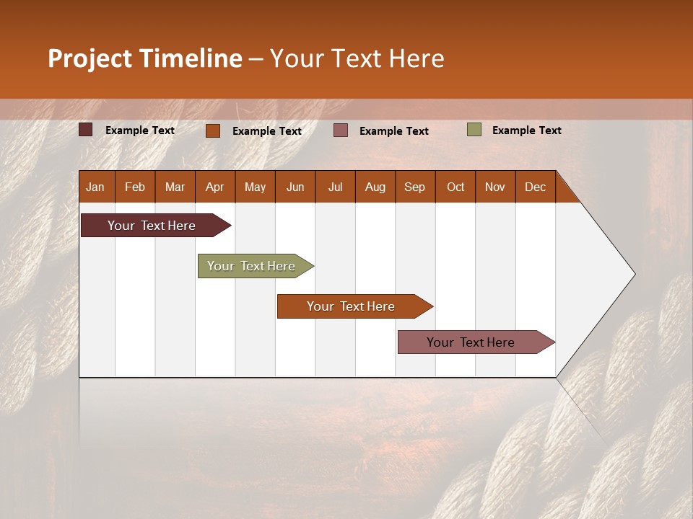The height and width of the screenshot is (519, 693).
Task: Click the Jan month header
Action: tap(96, 187)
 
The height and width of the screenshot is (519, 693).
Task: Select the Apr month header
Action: tap(215, 187)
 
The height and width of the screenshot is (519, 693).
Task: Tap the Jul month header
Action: tap(336, 187)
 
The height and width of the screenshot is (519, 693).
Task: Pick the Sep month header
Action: tap(415, 187)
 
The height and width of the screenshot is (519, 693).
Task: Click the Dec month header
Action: tap(535, 187)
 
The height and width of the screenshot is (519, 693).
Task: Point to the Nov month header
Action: tap(495, 187)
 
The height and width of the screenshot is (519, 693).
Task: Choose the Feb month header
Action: tap(135, 187)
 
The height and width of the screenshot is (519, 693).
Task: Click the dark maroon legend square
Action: tap(86, 130)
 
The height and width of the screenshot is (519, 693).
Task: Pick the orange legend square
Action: tap(213, 130)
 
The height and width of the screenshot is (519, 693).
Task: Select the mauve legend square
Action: tap(341, 130)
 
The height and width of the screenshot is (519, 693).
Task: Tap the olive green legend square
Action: tap(474, 130)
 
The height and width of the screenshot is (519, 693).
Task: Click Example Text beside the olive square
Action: tap(526, 130)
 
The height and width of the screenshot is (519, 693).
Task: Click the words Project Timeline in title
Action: tap(144, 58)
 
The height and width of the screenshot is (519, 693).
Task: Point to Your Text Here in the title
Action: tap(357, 58)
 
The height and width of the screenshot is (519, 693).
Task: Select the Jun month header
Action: tap(295, 187)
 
